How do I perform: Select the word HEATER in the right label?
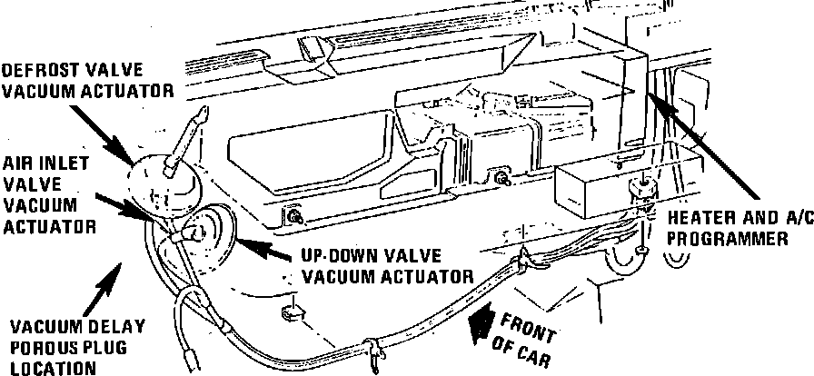pyautogui.click(x=693, y=219)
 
